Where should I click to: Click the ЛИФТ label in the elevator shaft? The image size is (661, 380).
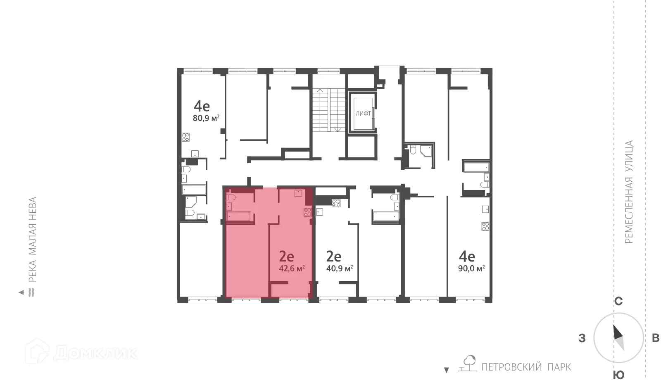[364, 113]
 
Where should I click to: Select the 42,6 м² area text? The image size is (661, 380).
[292, 268]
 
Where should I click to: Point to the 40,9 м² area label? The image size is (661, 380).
[340, 268]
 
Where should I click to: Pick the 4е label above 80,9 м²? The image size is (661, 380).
[202, 106]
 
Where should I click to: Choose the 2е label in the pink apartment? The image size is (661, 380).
[287, 256]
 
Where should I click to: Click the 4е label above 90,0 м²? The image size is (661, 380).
[467, 256]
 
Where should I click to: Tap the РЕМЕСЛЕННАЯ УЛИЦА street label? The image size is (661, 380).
[629, 192]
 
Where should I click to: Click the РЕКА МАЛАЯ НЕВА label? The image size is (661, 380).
[33, 240]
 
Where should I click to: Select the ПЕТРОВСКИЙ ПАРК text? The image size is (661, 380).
[526, 367]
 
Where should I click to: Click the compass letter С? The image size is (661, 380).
[618, 302]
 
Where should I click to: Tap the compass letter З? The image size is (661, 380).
[582, 339]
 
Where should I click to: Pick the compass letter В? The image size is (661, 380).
[655, 339]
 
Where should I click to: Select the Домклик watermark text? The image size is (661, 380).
[95, 353]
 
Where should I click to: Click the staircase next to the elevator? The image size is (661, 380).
[328, 110]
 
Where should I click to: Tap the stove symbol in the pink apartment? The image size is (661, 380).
[307, 213]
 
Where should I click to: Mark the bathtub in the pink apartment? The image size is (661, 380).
[239, 216]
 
